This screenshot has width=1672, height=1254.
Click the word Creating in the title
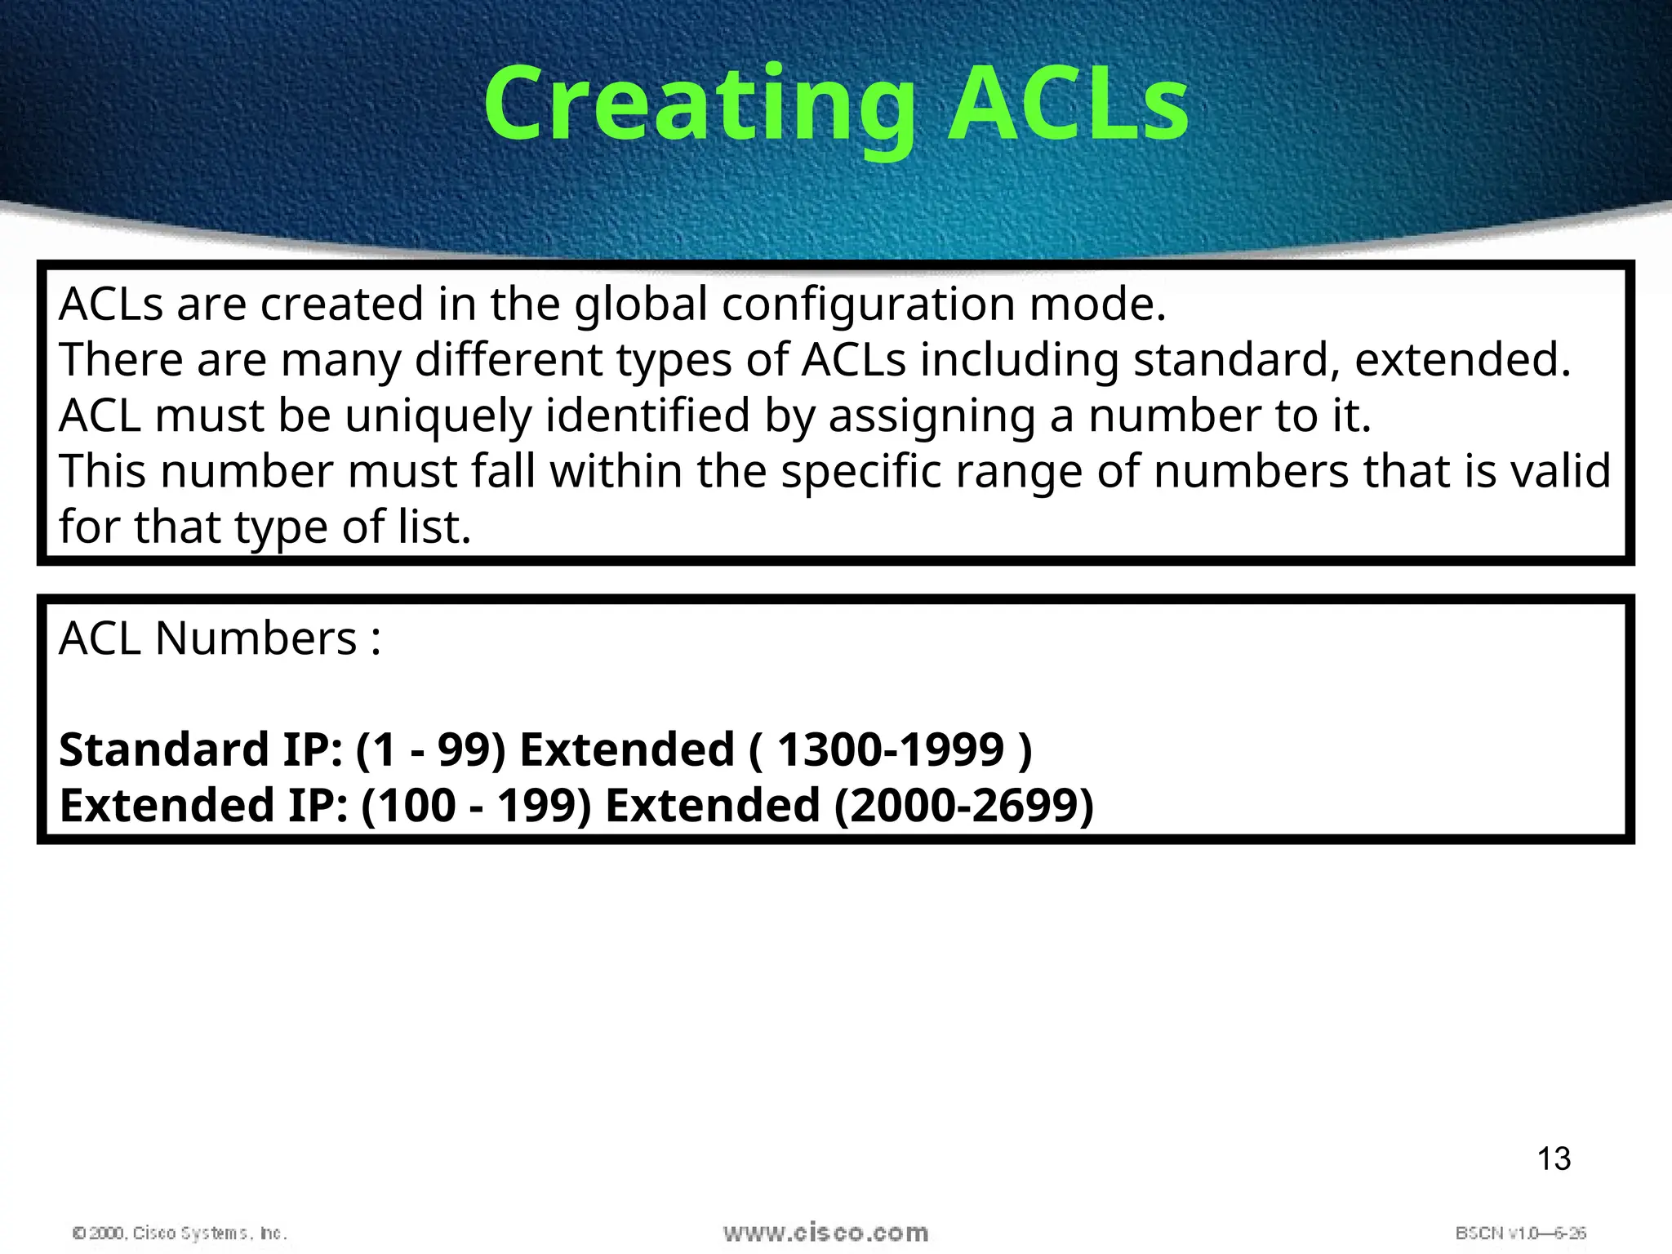(x=700, y=106)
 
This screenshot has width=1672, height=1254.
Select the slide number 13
(x=1554, y=1158)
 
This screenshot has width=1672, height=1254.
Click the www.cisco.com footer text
(x=825, y=1233)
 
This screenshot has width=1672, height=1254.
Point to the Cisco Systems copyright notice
(x=180, y=1233)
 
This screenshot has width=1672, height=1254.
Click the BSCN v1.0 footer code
(x=1520, y=1233)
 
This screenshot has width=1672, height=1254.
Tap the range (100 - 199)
(x=476, y=805)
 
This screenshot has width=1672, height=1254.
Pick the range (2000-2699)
(x=963, y=805)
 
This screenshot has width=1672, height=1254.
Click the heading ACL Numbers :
(x=220, y=638)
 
